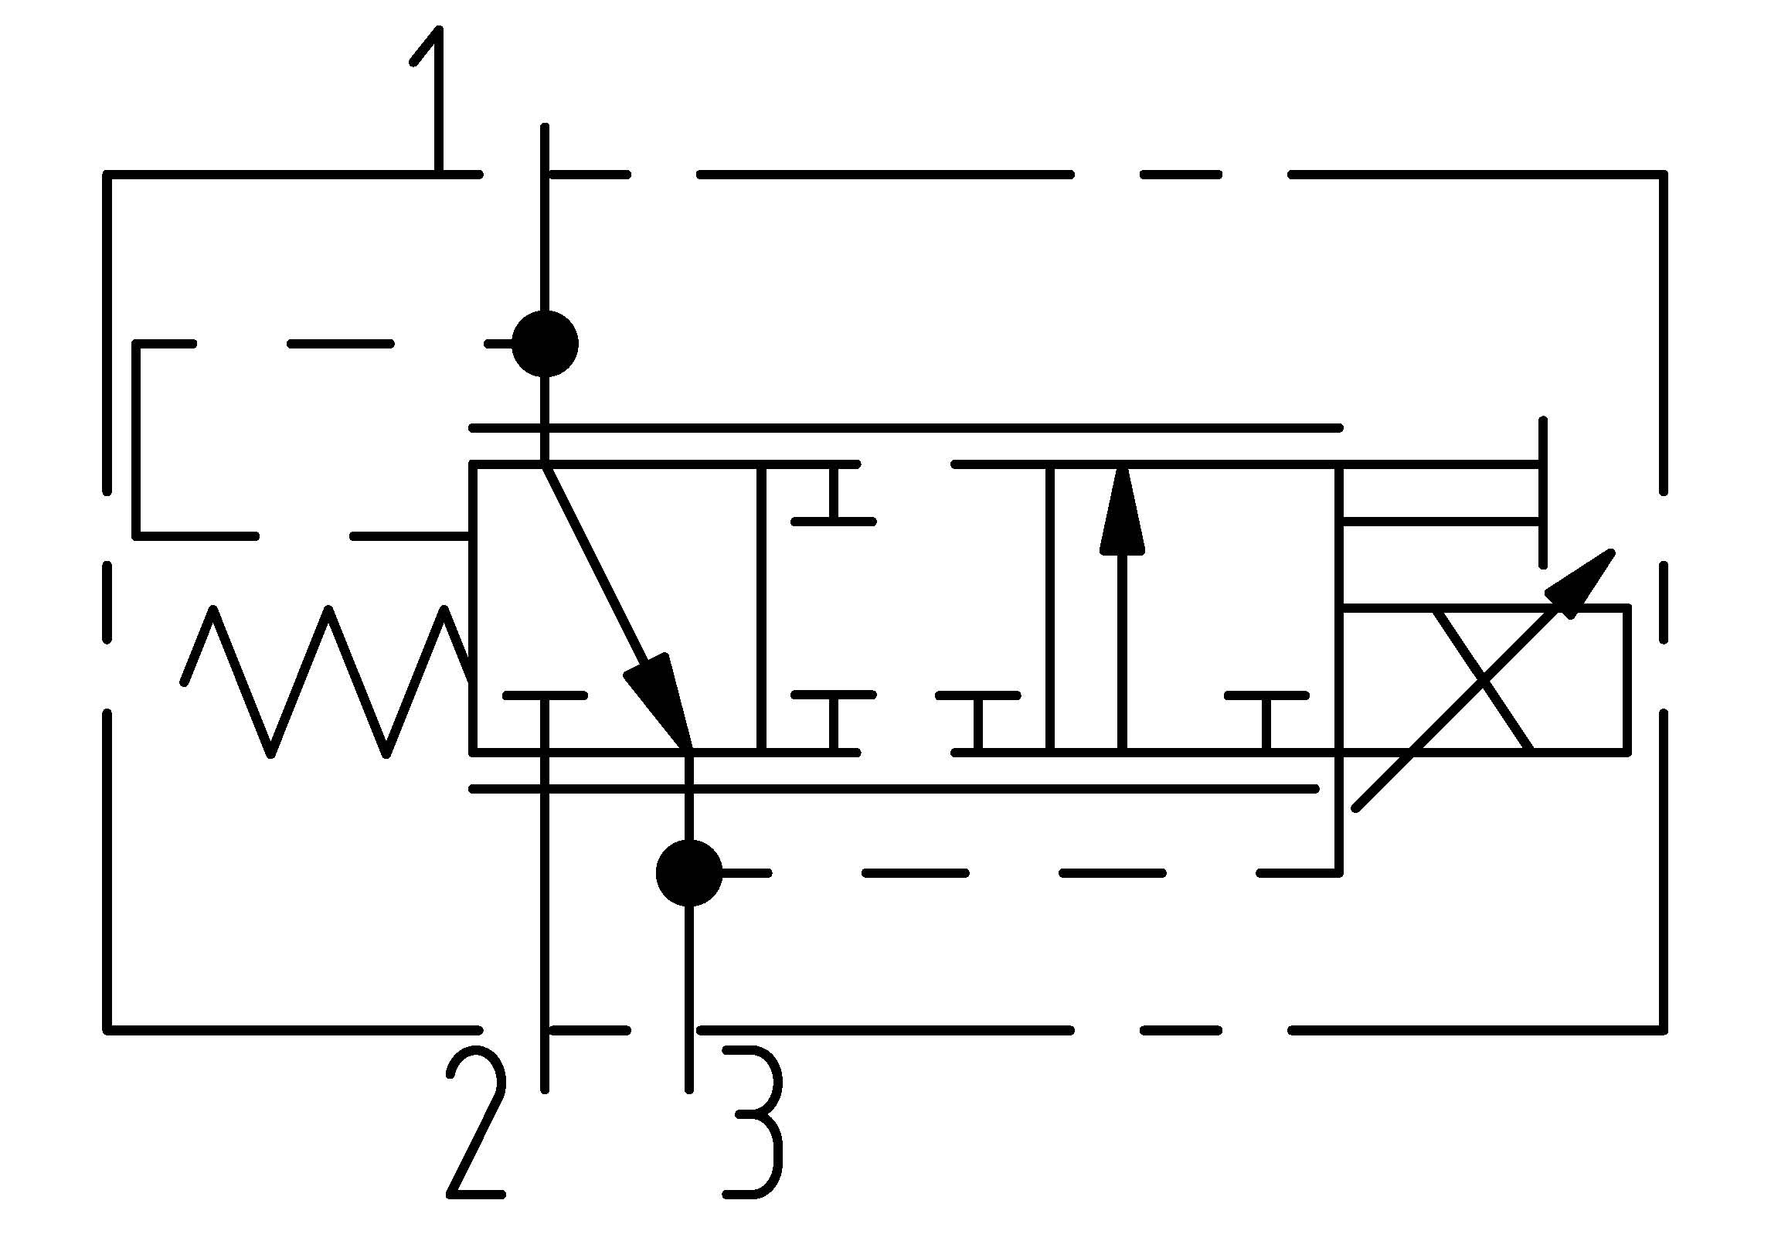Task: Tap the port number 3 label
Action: coord(753,1120)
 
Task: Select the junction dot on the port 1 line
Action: coord(545,344)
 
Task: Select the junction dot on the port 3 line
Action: coord(688,873)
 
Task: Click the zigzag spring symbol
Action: coord(325,680)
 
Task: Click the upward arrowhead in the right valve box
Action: coord(1122,514)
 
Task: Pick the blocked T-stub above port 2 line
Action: coord(545,697)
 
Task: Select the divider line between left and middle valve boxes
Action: coord(761,607)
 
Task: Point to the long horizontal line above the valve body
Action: coord(904,427)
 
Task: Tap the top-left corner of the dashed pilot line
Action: coord(138,345)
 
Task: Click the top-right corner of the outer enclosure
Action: coord(1664,175)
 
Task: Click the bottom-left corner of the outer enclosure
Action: coord(108,1030)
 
